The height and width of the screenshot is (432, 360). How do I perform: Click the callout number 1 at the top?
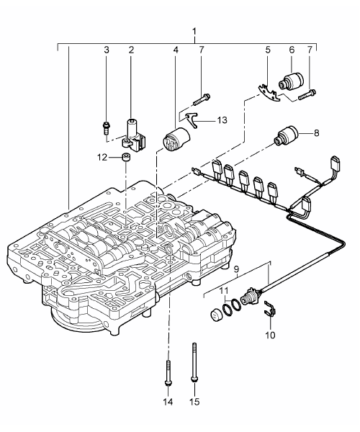[194, 32]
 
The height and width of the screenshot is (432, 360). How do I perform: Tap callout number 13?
[222, 120]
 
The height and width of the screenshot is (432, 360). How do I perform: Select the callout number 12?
[102, 158]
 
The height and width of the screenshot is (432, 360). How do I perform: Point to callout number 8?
[317, 133]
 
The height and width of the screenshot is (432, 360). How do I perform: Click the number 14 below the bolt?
[168, 402]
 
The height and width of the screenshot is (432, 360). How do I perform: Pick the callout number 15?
[194, 402]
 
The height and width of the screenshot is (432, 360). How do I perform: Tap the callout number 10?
[270, 336]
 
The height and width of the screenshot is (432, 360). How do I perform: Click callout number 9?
[237, 269]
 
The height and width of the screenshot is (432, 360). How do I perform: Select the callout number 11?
[224, 291]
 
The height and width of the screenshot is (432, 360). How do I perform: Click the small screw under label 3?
[106, 128]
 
